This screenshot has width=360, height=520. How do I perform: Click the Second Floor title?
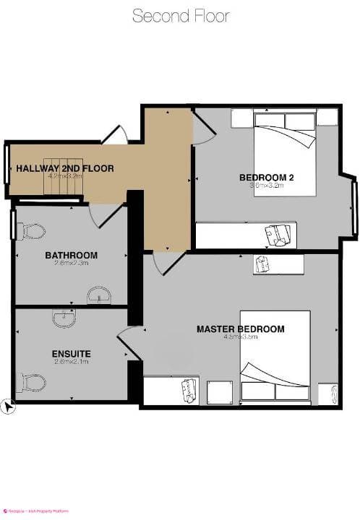(x=180, y=16)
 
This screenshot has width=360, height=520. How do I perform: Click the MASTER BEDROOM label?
(x=240, y=329)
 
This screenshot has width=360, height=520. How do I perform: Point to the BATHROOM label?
(x=71, y=255)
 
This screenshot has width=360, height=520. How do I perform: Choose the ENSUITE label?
(x=71, y=354)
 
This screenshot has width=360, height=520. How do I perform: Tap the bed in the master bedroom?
(x=275, y=361)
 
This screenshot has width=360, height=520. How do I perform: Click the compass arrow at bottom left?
(x=8, y=407)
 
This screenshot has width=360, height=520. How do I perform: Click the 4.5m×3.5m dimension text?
(x=240, y=337)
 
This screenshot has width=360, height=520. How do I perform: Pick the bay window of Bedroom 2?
(x=354, y=206)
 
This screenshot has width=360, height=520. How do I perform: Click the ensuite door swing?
(x=130, y=341)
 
